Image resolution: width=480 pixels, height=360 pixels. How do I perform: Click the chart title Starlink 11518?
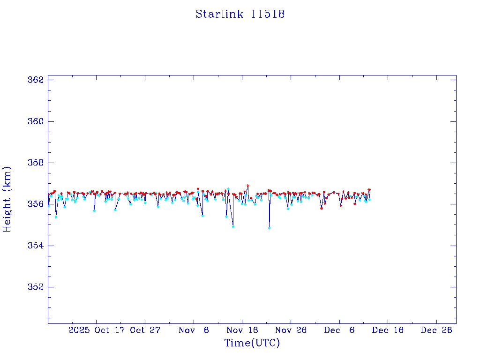pos(240,14)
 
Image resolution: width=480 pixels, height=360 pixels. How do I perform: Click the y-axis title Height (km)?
pos(7,199)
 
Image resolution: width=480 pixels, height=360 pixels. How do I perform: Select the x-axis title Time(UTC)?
pos(252,343)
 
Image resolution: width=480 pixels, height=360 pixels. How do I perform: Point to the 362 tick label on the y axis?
pos(36,80)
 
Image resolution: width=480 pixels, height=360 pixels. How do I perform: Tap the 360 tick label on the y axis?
pos(36,121)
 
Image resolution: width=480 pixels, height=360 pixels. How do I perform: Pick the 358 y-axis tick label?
pos(36,163)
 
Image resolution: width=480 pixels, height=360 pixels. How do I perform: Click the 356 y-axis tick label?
pos(36,204)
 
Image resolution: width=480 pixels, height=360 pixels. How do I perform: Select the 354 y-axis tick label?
pos(36,246)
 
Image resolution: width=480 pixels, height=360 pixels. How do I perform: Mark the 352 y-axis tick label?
pos(36,287)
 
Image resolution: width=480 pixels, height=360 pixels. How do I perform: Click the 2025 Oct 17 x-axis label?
pos(96,330)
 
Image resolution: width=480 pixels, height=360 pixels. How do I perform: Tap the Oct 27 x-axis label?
pos(145,330)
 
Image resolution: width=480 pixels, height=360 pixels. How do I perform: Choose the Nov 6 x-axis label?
pos(194,330)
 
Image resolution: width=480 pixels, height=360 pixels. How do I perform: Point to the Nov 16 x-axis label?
pos(242,330)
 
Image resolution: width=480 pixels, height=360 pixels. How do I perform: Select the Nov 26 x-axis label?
pos(291,330)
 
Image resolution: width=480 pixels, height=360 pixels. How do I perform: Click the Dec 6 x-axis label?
pos(339,330)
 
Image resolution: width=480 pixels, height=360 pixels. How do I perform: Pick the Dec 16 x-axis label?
pos(388,330)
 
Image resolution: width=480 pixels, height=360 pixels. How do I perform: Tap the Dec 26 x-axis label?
pos(436,330)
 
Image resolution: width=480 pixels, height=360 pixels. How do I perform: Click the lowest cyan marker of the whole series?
pos(269,228)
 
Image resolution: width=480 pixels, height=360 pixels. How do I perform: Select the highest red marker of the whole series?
pos(247,186)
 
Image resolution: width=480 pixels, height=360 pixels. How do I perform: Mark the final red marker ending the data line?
pos(369,189)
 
